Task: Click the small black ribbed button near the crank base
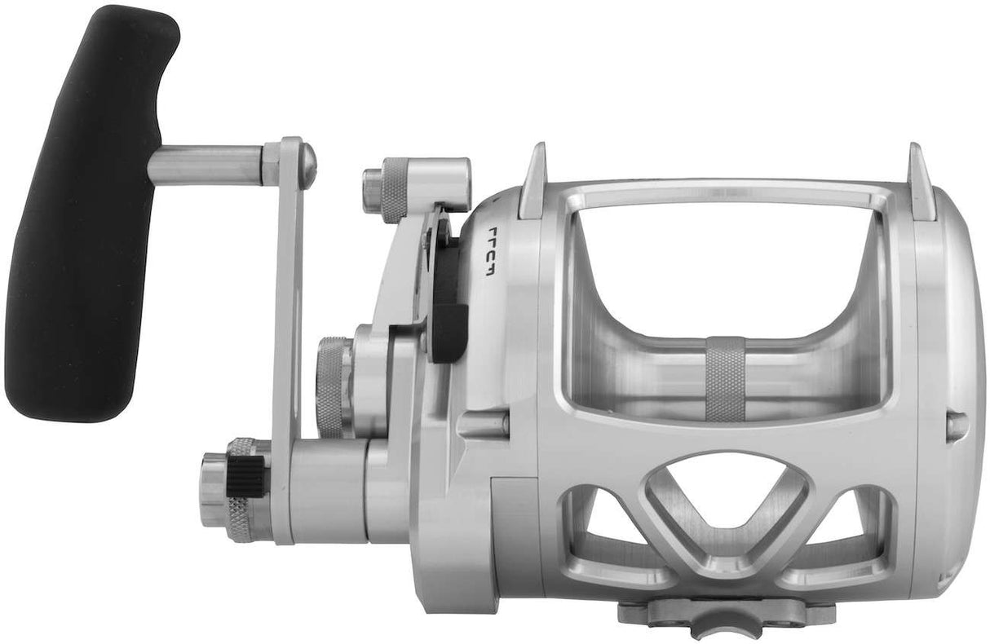tap(245, 476)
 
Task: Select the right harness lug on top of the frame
tap(922, 181)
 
